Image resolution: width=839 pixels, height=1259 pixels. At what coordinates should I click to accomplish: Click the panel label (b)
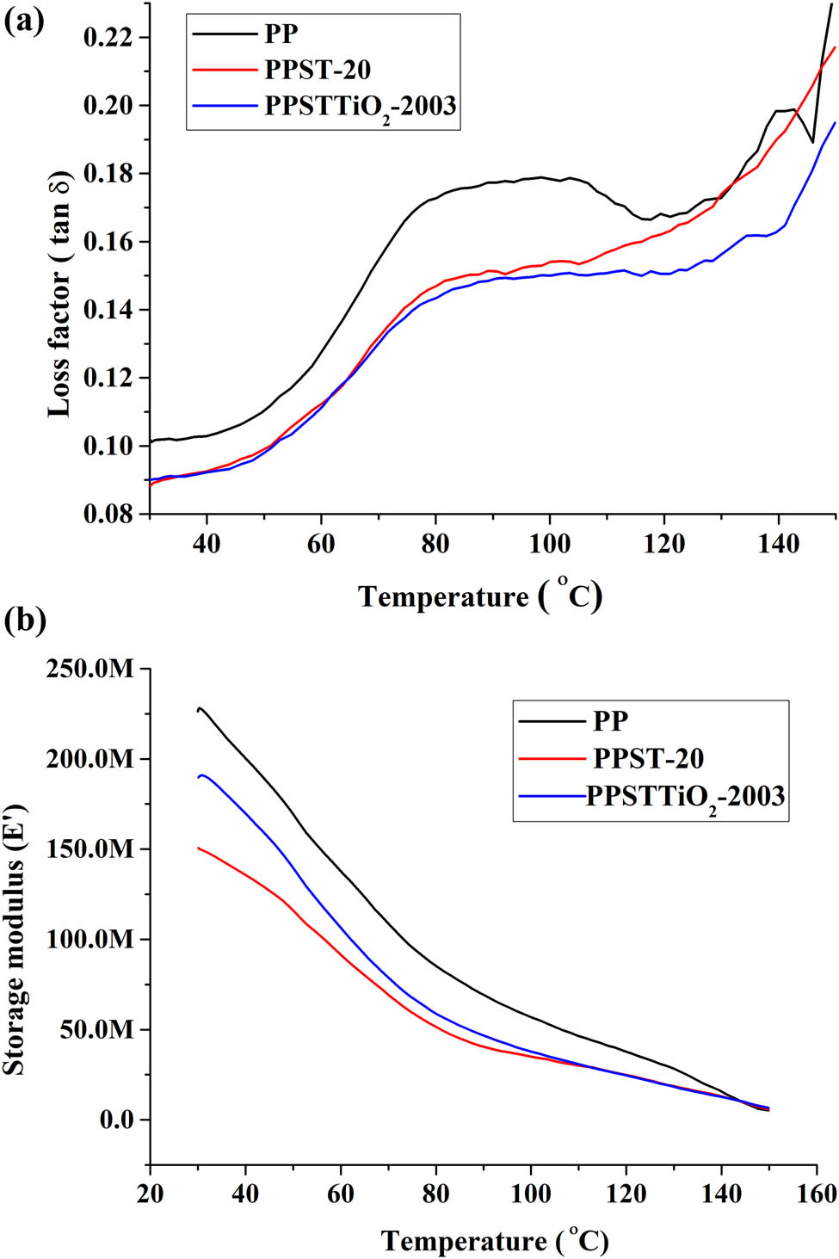pyautogui.click(x=25, y=620)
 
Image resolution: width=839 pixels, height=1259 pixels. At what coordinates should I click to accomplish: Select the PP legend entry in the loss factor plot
pyautogui.click(x=281, y=34)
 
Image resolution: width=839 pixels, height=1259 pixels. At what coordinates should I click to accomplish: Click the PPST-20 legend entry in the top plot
pyautogui.click(x=317, y=70)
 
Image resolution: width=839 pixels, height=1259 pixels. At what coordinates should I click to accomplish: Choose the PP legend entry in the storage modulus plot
pyautogui.click(x=610, y=720)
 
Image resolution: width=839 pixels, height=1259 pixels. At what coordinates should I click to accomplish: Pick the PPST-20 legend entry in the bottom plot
pyautogui.click(x=648, y=758)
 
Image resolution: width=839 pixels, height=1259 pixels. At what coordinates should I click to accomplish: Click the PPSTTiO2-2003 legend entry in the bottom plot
pyautogui.click(x=685, y=796)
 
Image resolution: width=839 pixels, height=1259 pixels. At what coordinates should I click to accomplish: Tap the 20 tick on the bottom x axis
pyautogui.click(x=150, y=1194)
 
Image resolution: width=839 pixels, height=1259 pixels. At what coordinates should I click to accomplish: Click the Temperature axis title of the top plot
pyautogui.click(x=479, y=596)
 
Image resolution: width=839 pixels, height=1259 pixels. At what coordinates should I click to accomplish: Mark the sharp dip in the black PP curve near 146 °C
pyautogui.click(x=812, y=142)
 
